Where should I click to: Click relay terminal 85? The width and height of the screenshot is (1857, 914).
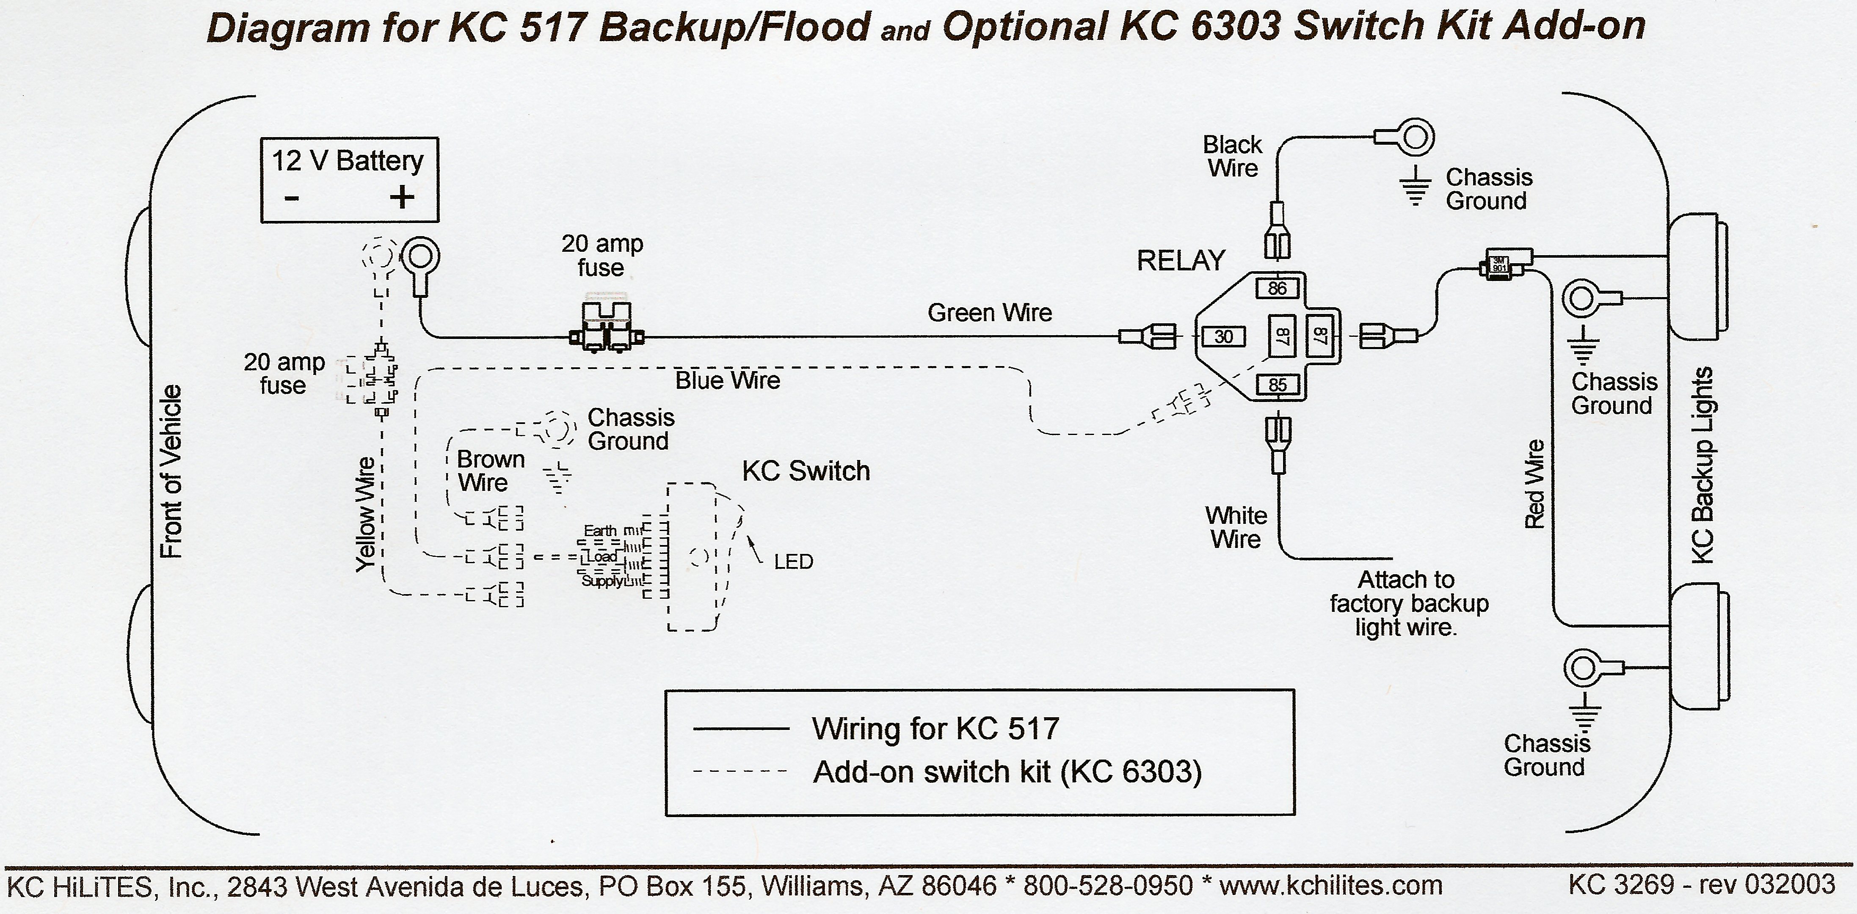(1277, 385)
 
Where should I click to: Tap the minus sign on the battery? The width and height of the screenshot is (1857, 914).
(291, 198)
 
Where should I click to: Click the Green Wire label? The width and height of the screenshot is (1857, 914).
(989, 313)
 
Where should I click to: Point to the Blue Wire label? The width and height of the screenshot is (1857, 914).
(727, 380)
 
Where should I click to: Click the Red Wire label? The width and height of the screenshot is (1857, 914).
(1534, 485)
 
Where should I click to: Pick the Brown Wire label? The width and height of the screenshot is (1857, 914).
(490, 471)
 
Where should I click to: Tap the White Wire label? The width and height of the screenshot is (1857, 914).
(1236, 527)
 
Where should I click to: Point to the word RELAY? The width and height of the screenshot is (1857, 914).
(1181, 260)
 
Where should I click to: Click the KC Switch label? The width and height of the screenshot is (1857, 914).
(806, 471)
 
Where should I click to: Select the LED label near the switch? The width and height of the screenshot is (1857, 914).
(793, 562)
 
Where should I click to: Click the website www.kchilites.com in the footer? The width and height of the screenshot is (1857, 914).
(1331, 885)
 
